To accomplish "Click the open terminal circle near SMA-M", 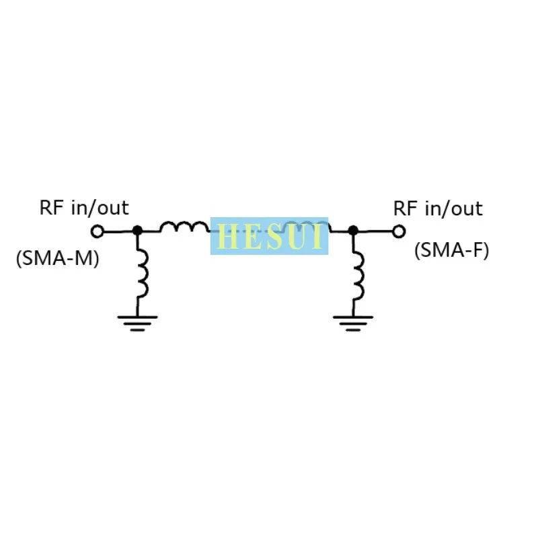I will tap(98, 231).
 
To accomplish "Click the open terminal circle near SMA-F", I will tap(399, 231).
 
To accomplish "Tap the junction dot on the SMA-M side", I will tap(137, 230).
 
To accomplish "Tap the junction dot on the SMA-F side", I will tap(353, 230).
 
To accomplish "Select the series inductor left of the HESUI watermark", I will tap(184, 227).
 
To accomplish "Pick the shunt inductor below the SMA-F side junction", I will tap(357, 272).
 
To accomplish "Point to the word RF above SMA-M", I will tap(52, 207).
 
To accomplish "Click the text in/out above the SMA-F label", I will tap(454, 208).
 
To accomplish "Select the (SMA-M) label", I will tap(57, 258).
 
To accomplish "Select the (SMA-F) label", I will tap(451, 250).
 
